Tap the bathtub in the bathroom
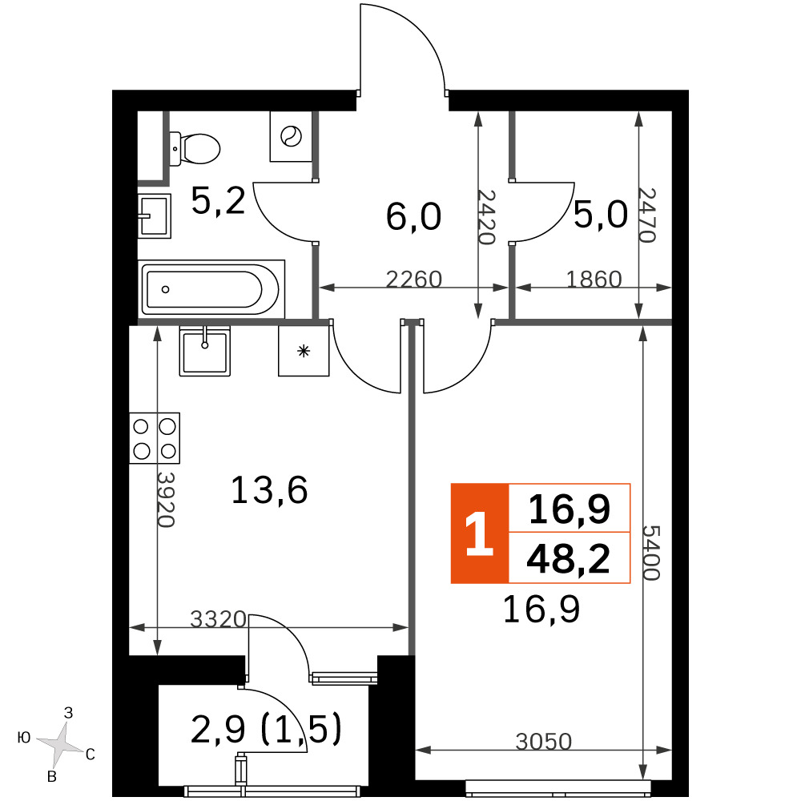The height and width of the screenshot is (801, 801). pyautogui.click(x=211, y=289)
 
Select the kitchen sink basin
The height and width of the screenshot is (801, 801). pyautogui.click(x=205, y=351)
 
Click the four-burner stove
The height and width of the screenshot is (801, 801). pyautogui.click(x=155, y=438)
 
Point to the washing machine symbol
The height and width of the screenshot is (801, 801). pyautogui.click(x=291, y=136)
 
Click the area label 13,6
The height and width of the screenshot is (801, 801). pyautogui.click(x=269, y=490)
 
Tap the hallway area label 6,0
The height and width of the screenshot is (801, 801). pyautogui.click(x=413, y=216)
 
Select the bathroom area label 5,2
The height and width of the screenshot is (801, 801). pyautogui.click(x=218, y=200)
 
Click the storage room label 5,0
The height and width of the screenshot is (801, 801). pyautogui.click(x=600, y=214)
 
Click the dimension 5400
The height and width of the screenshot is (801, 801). pyautogui.click(x=651, y=553)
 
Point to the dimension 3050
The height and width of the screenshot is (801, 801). pyautogui.click(x=544, y=741)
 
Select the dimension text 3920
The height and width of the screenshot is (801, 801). pyautogui.click(x=166, y=499)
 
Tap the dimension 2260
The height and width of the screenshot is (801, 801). pyautogui.click(x=414, y=279)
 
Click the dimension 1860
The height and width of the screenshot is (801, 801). pyautogui.click(x=594, y=279)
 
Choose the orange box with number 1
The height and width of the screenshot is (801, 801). pyautogui.click(x=480, y=533)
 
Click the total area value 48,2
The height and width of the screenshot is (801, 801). pyautogui.click(x=569, y=558)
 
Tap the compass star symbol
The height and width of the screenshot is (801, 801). pyautogui.click(x=60, y=744)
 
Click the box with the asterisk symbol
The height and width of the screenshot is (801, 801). pyautogui.click(x=304, y=351)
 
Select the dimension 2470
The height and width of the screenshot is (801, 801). pyautogui.click(x=646, y=215)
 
